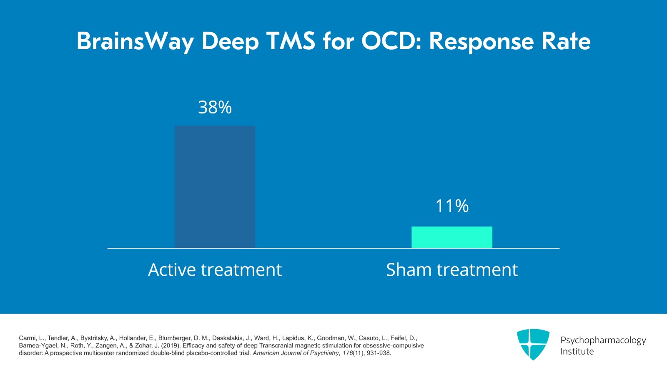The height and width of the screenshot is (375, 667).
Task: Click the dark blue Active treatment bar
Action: [215, 187]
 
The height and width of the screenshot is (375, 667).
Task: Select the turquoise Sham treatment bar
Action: [452, 237]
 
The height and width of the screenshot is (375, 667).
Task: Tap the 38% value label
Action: [215, 108]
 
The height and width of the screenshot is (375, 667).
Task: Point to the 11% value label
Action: [452, 206]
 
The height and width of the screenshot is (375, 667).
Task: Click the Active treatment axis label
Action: [215, 270]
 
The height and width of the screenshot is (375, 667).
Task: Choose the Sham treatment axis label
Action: [452, 270]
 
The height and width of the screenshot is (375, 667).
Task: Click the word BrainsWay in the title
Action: [135, 42]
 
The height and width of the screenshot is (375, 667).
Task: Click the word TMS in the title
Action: [291, 41]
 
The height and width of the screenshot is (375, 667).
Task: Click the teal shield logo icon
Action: [533, 344]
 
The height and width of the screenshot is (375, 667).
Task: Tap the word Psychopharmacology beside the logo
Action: [603, 340]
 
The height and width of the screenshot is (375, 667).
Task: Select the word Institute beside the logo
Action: [577, 351]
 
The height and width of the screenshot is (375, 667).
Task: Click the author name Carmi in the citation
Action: [27, 338]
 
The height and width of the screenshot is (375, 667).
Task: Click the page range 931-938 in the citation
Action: [379, 353]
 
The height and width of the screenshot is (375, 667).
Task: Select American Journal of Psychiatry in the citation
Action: [296, 353]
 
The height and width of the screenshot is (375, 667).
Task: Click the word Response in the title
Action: [481, 41]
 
